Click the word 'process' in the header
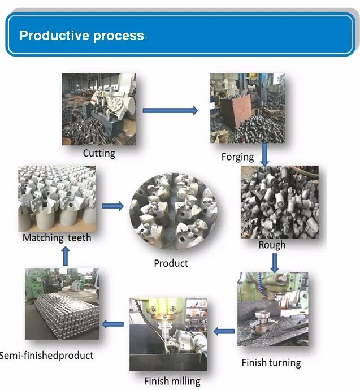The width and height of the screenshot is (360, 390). [x=118, y=36]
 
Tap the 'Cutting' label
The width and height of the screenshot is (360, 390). [x=99, y=153]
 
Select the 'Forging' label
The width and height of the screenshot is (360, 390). [x=237, y=157]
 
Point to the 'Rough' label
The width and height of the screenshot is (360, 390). [x=272, y=245]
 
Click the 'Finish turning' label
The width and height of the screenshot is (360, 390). [x=271, y=362]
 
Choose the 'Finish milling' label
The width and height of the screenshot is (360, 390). [x=172, y=381]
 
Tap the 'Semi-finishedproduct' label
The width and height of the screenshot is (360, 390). [x=46, y=356]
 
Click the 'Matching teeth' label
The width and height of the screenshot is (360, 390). [x=57, y=238]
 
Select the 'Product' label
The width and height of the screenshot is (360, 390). [x=171, y=263]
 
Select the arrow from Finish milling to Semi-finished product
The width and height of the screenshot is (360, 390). [x=113, y=324]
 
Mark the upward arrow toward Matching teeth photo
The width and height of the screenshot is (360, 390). [x=66, y=257]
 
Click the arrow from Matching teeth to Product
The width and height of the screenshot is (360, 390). [x=113, y=206]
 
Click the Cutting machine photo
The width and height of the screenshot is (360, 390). [x=99, y=109]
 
